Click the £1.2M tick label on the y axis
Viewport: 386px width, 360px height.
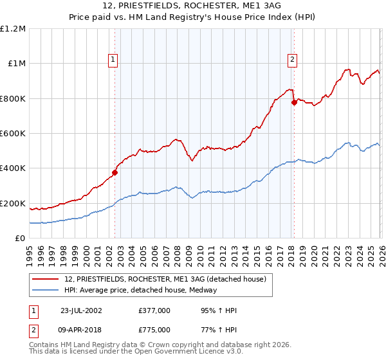[x=13, y=29]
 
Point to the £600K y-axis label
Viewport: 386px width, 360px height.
[x=13, y=134]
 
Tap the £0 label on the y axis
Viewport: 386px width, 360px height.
[x=21, y=239]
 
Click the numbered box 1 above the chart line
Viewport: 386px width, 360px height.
[x=113, y=60]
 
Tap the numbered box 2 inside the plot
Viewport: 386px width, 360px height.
[x=292, y=60]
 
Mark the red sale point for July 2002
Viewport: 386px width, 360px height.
[x=115, y=172]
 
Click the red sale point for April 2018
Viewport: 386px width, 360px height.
[x=293, y=102]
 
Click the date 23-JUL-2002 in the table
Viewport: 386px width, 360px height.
[x=81, y=310]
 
